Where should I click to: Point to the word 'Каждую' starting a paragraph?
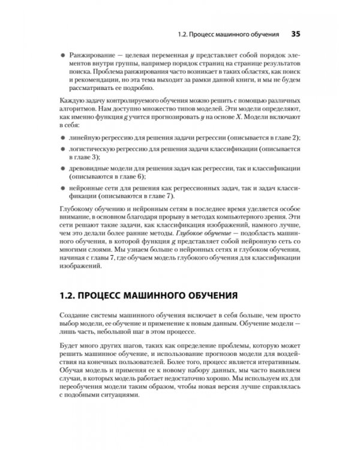point(73,100)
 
